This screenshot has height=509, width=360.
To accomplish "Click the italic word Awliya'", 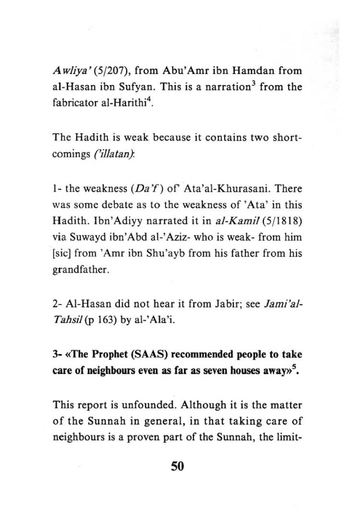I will (72, 72).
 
